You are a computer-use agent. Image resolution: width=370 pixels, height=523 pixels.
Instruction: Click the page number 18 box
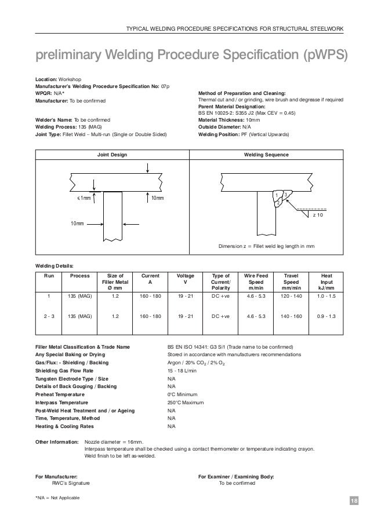coord(354,499)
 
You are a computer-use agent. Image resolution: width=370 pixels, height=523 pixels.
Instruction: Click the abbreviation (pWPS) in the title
coord(319,56)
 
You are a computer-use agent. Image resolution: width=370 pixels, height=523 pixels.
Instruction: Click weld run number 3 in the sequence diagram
coord(285,193)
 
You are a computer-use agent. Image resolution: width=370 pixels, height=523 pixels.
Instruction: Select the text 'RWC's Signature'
coord(71,482)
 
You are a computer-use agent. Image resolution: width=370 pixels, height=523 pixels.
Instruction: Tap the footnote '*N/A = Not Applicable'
coord(57,498)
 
